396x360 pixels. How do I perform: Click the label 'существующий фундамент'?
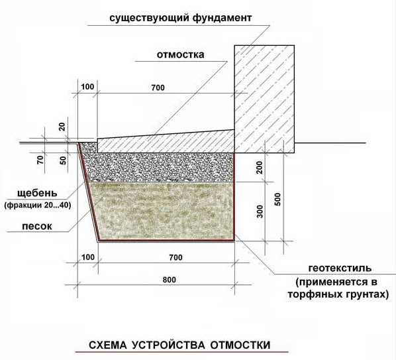[x=181, y=19]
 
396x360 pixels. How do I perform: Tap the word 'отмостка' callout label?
[x=180, y=54]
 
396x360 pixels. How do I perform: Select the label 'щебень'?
[x=37, y=194]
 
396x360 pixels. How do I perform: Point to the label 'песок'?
[x=37, y=226]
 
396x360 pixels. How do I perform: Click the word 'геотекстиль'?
[x=340, y=269]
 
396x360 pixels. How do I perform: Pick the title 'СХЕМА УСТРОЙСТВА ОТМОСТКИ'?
[x=179, y=345]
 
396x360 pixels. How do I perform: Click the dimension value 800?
[x=170, y=280]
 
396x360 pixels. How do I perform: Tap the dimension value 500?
[x=277, y=199]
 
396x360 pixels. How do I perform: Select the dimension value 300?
[x=260, y=211]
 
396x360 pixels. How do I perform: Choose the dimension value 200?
[x=260, y=167]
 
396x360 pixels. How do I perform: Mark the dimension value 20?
[x=62, y=127]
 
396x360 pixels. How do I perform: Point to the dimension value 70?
[x=40, y=160]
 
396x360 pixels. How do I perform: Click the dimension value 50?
[x=63, y=160]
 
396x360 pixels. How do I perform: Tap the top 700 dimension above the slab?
[x=158, y=88]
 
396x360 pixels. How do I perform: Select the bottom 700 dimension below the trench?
[x=175, y=258]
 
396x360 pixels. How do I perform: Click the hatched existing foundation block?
[x=264, y=99]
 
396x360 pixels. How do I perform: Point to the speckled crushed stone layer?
[x=159, y=167]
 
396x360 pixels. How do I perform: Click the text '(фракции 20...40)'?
[x=38, y=205]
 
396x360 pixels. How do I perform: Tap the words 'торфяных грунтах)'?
[x=338, y=294]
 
